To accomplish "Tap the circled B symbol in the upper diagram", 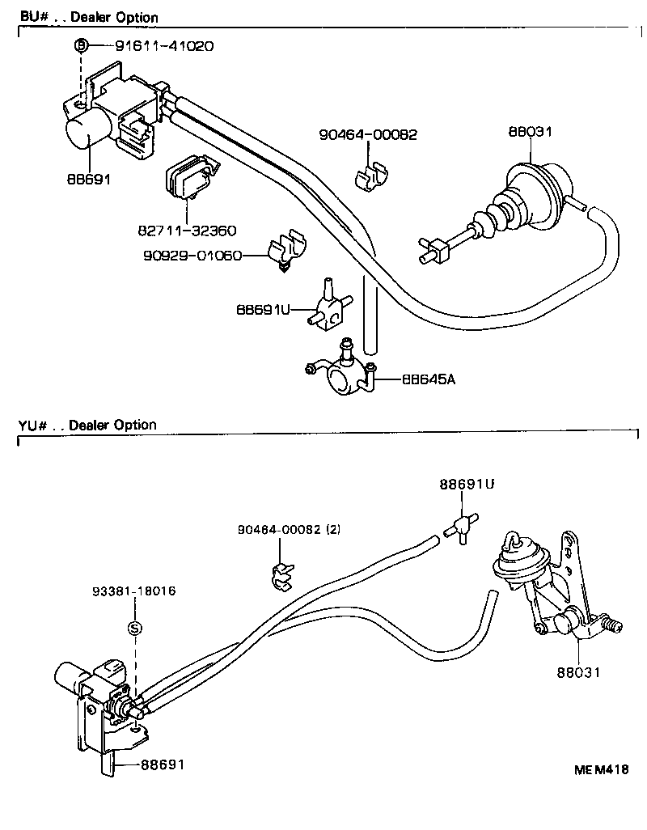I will click(81, 46).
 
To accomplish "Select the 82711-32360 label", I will click(187, 231).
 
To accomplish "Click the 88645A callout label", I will click(429, 379).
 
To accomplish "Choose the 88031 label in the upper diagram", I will click(530, 133).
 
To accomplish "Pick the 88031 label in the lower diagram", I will click(578, 671).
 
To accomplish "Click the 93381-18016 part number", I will click(135, 591).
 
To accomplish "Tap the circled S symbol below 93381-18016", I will click(135, 629).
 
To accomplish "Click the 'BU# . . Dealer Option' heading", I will click(88, 17).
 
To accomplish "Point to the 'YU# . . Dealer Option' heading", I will click(87, 425).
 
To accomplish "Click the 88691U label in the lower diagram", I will click(467, 485).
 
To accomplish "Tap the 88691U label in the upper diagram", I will click(263, 309).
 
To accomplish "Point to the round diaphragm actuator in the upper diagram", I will click(535, 188).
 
